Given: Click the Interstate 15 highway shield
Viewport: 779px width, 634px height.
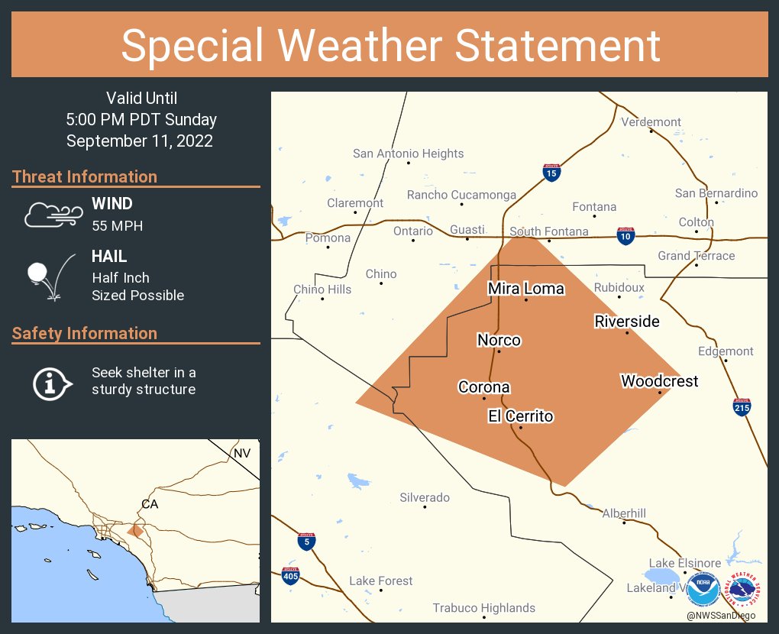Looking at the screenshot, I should coord(551,173).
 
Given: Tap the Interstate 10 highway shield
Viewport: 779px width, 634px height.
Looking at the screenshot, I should coord(625,236).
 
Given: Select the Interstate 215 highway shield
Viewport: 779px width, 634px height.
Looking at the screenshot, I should coord(742,407).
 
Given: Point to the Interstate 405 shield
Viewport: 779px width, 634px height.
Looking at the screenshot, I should coord(289,575).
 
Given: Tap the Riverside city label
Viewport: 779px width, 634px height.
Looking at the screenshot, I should coord(627,322).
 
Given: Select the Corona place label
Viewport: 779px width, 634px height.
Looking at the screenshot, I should coord(483,387).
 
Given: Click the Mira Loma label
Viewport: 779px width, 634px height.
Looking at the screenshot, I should coord(525,289).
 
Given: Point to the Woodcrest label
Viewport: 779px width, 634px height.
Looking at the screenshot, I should coord(659,380).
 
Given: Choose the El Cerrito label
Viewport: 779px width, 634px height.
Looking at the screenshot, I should coord(520,416).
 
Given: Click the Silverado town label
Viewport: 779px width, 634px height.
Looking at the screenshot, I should coord(425,498).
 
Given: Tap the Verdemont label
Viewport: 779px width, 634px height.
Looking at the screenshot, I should coord(651,122).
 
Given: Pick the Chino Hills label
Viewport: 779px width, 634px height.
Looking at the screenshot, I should coord(322,290).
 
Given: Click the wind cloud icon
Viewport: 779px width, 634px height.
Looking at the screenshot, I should coord(50,215).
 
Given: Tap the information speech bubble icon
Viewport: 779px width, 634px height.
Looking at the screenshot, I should coord(51,383).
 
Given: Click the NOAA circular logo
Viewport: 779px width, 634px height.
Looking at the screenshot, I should coord(703,589).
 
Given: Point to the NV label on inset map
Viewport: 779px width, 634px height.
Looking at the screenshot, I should coord(241,454).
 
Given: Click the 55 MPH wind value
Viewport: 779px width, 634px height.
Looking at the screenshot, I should coord(117,226).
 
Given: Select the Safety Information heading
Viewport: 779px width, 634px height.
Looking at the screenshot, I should coord(85,333).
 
